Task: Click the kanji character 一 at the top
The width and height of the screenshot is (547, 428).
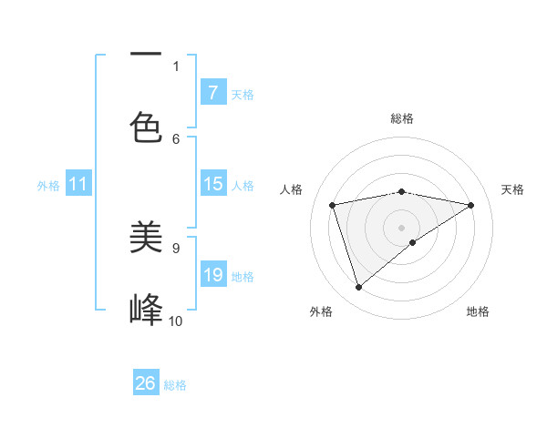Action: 146,54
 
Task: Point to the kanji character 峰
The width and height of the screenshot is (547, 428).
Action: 146,310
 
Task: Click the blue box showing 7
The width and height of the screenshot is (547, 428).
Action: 212,93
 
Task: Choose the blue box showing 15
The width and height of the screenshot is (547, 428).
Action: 212,184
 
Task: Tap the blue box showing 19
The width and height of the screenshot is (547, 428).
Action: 212,275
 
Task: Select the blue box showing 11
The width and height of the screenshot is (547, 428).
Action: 77,185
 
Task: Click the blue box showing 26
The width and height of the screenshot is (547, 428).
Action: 146,383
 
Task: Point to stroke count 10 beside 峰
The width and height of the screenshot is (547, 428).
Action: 176,321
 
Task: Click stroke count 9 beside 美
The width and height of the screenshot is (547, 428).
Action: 176,247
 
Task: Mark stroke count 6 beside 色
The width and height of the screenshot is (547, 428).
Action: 176,138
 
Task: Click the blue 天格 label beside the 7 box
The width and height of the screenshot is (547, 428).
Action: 243,94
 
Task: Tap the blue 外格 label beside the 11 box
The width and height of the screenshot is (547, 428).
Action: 48,186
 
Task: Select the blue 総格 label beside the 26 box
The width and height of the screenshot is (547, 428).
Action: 175,385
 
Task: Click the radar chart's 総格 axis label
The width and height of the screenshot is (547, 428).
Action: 401,118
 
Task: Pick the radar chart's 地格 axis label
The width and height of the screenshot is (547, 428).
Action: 478,311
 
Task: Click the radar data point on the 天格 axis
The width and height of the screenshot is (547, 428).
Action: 470,205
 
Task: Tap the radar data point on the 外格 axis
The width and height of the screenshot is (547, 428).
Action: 358,288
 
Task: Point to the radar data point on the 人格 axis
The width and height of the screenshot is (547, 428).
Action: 333,205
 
